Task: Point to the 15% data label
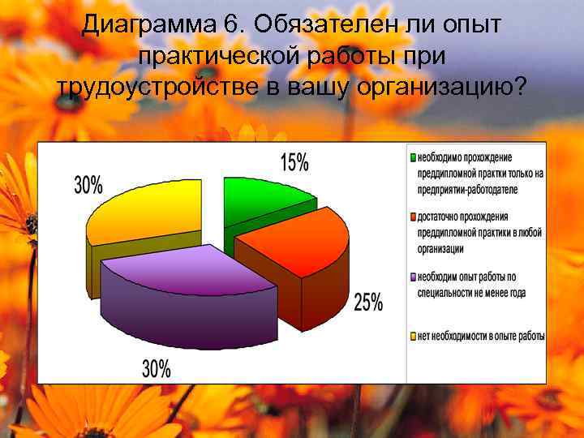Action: (294, 162)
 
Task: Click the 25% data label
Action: (367, 303)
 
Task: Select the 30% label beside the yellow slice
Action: (88, 185)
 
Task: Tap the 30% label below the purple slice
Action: (157, 369)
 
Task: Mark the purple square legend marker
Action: (413, 277)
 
